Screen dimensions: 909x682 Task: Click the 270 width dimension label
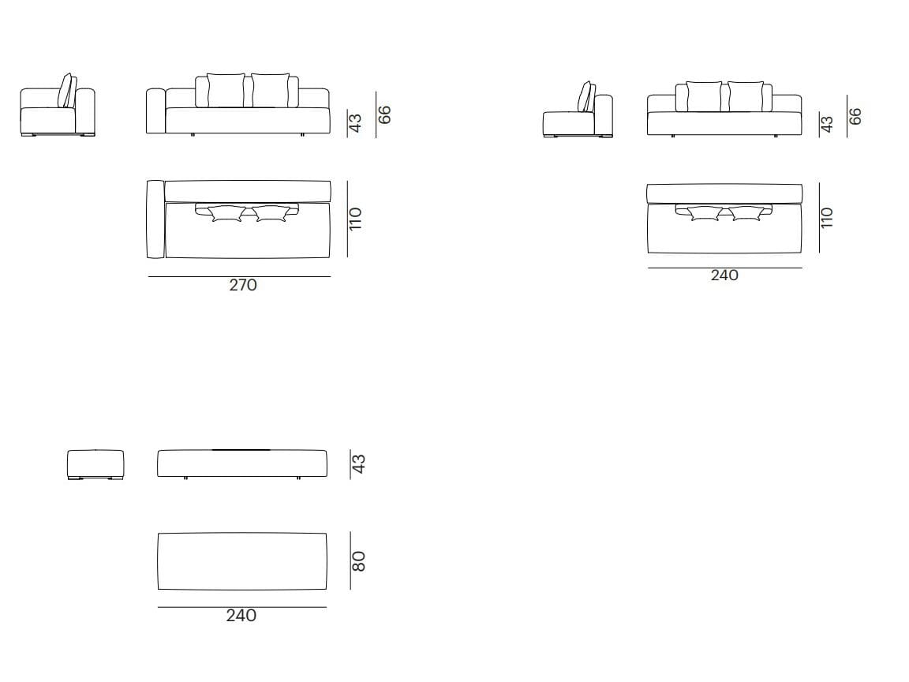[243, 285]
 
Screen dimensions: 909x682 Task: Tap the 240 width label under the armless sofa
[724, 275]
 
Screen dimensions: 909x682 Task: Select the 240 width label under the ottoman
[241, 616]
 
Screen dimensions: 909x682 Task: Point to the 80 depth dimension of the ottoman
[359, 561]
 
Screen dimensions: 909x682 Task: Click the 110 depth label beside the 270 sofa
[355, 219]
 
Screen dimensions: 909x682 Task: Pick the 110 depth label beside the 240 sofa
[827, 218]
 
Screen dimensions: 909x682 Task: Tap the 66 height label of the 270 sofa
[384, 114]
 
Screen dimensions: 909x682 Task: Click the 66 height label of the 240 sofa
[855, 116]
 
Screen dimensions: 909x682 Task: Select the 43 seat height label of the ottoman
[359, 464]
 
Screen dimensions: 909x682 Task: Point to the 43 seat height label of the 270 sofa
[355, 123]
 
